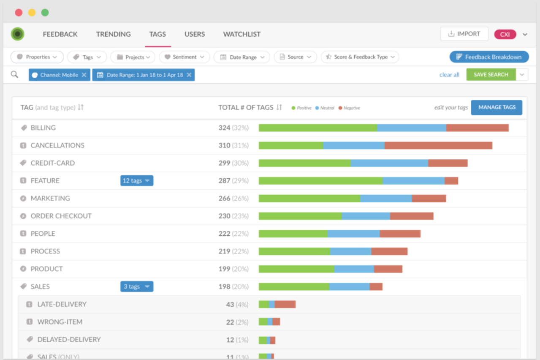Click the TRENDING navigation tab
click(x=113, y=34)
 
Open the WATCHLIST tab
click(x=242, y=34)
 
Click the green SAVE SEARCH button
click(x=491, y=75)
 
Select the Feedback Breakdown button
click(x=488, y=57)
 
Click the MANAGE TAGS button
click(x=497, y=107)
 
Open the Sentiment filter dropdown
click(x=185, y=57)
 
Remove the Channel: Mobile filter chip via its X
click(x=84, y=75)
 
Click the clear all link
click(x=449, y=75)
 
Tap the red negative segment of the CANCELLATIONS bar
click(x=438, y=145)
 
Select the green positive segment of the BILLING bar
click(x=317, y=128)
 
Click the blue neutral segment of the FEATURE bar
click(x=413, y=181)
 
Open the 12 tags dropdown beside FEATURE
click(x=136, y=181)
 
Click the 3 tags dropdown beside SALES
click(x=136, y=286)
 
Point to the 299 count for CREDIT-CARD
click(x=224, y=163)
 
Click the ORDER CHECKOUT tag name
click(x=61, y=216)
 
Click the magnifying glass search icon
click(x=15, y=75)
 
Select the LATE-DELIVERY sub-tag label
click(x=62, y=304)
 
